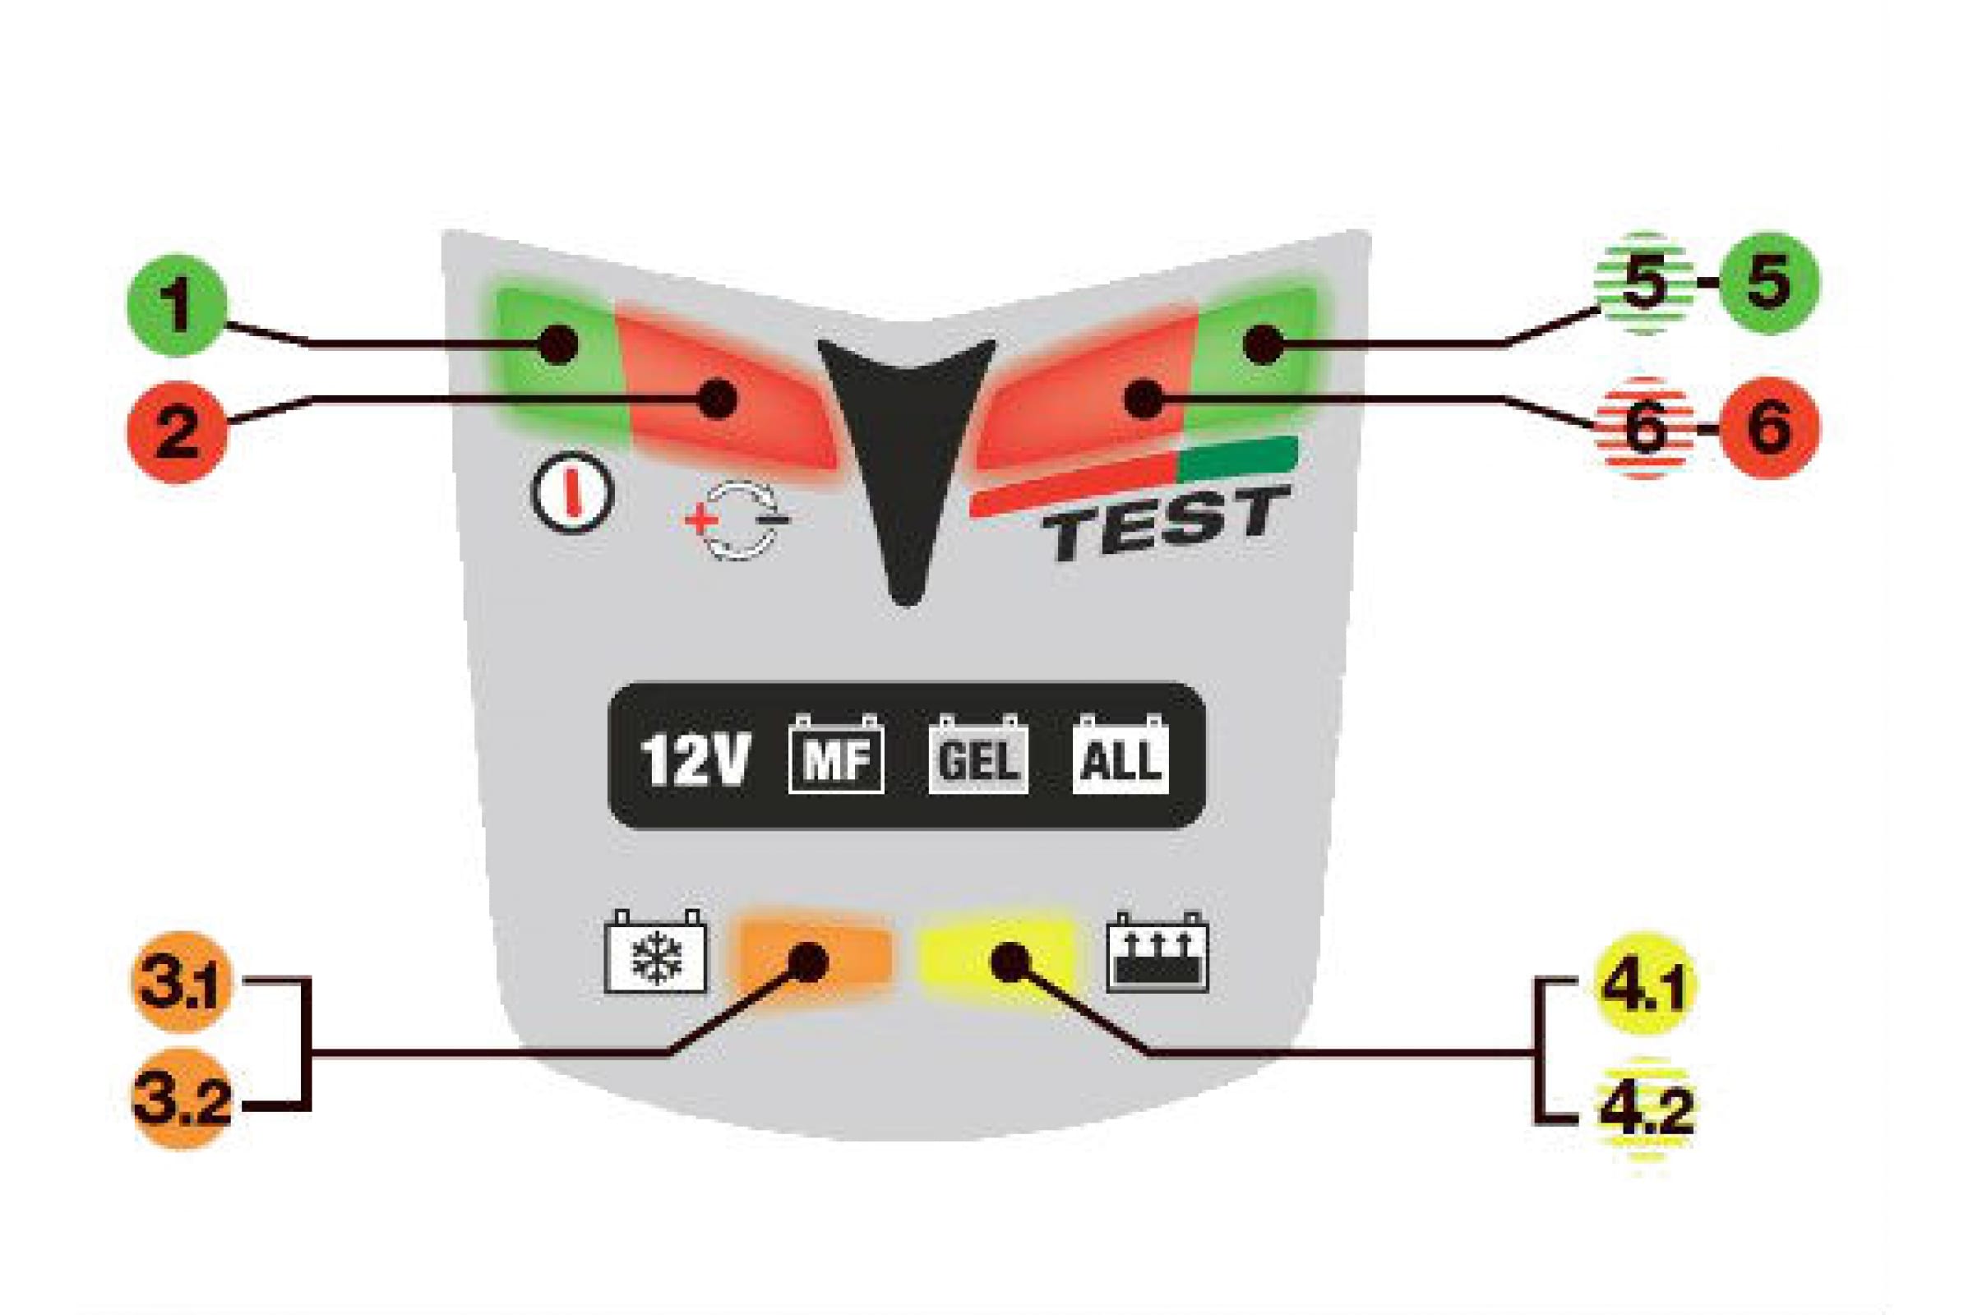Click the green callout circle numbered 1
(177, 305)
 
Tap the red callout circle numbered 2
(177, 432)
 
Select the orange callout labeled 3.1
(181, 984)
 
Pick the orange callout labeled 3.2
(181, 1098)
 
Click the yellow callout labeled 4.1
(1645, 984)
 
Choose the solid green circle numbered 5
(1769, 284)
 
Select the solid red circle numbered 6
(1769, 427)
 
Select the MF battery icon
(835, 754)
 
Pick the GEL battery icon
(978, 754)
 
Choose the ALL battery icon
(1120, 754)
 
